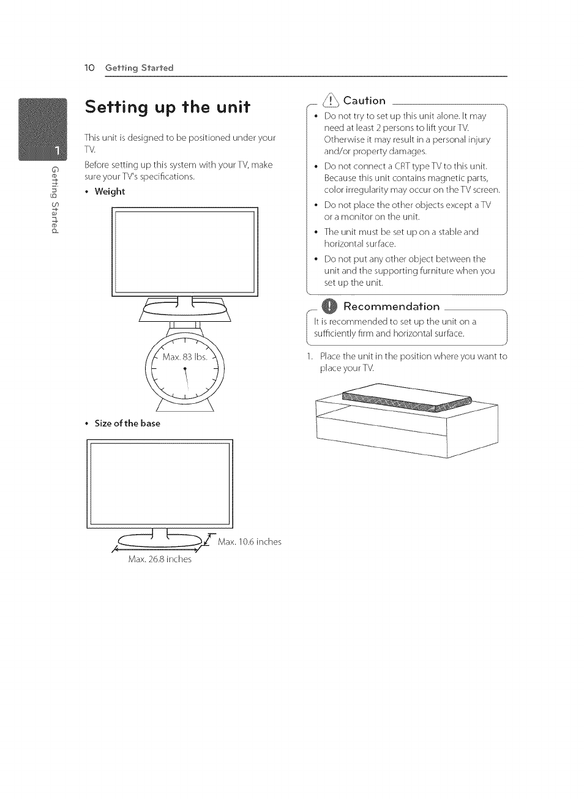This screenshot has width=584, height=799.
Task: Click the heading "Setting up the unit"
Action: (x=167, y=108)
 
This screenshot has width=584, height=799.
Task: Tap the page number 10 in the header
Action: (x=89, y=68)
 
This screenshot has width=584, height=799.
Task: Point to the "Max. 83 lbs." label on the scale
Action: (x=185, y=357)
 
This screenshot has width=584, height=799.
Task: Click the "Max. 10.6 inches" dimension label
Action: (x=249, y=542)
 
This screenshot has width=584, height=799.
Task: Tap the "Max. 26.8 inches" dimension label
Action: (x=160, y=559)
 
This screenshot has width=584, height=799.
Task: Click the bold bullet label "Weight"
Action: (x=110, y=191)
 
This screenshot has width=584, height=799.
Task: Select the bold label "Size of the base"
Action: (x=127, y=423)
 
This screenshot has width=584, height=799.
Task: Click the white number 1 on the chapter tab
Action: (x=56, y=149)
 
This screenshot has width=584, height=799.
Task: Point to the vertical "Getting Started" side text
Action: (x=55, y=199)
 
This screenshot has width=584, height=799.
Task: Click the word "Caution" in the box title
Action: (x=364, y=101)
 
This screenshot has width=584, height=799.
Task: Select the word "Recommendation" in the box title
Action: (x=391, y=307)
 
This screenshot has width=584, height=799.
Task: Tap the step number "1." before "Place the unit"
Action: (x=310, y=357)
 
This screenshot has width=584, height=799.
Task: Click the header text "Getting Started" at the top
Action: (x=139, y=68)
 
